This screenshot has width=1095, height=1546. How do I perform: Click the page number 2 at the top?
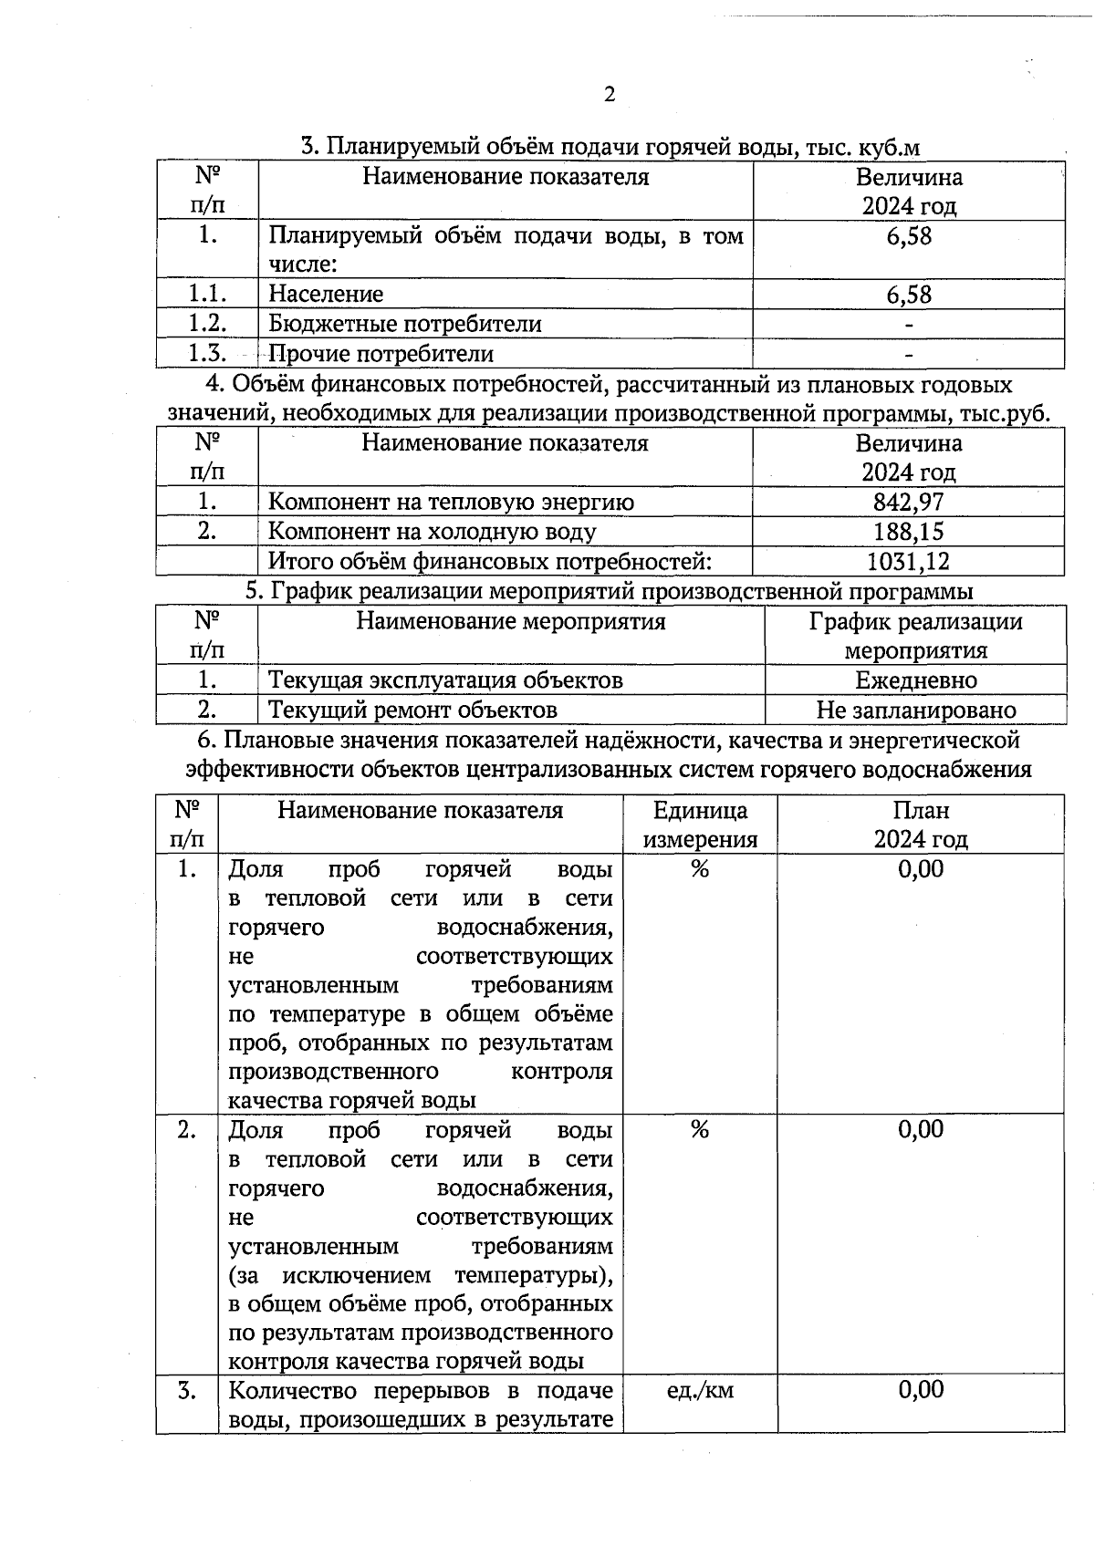point(610,95)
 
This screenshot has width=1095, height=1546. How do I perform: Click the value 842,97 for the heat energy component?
point(908,502)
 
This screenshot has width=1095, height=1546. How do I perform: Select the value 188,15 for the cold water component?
point(908,531)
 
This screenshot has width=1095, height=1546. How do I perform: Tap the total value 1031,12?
point(908,561)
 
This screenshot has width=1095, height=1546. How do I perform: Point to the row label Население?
point(326,294)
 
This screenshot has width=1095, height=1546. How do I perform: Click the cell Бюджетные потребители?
point(404,324)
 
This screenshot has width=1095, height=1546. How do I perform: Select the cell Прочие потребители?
point(381,353)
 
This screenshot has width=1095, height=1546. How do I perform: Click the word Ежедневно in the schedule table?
point(915,680)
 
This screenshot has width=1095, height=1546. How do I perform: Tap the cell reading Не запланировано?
point(915,710)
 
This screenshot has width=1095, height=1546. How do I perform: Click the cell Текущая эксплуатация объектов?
point(445,680)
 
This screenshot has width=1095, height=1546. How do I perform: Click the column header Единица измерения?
point(700,825)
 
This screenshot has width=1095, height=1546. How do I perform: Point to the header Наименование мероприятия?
point(510,622)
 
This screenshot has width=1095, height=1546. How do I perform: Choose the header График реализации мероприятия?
point(915,636)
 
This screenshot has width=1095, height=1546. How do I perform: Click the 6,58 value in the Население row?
point(909,295)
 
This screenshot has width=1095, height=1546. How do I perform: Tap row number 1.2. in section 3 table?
point(207,323)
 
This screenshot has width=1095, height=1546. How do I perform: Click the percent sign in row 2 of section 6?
point(700,1130)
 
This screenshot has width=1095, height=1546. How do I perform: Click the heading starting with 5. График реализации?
point(609,591)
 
